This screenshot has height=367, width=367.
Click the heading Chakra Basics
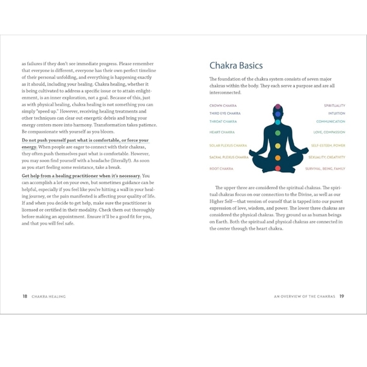pyautogui.click(x=236, y=65)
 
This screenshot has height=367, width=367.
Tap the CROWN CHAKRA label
pyautogui.click(x=223, y=106)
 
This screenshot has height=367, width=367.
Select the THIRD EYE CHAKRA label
pyautogui.click(x=225, y=113)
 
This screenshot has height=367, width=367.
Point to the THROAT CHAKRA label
pyautogui.click(x=223, y=121)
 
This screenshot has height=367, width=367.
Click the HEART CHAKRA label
pyautogui.click(x=222, y=132)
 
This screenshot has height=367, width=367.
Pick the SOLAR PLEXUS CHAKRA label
pyautogui.click(x=228, y=146)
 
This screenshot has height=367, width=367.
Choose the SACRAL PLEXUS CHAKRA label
pyautogui.click(x=229, y=157)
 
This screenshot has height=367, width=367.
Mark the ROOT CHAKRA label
pyautogui.click(x=221, y=169)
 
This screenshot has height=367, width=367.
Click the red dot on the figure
pyautogui.click(x=277, y=168)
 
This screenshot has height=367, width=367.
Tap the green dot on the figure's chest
pyautogui.click(x=277, y=134)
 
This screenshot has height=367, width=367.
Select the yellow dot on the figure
pyautogui.click(x=277, y=146)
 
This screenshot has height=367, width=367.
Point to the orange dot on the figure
pyautogui.click(x=277, y=158)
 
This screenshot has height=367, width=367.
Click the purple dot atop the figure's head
pyautogui.click(x=277, y=106)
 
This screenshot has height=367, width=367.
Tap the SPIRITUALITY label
pyautogui.click(x=334, y=106)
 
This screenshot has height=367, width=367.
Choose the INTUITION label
pyautogui.click(x=337, y=113)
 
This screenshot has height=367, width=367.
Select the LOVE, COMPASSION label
pyautogui.click(x=329, y=132)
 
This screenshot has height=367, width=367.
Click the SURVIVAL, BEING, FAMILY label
pyautogui.click(x=325, y=169)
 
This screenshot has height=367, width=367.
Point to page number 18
pyautogui.click(x=25, y=296)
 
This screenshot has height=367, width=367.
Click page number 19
pyautogui.click(x=342, y=296)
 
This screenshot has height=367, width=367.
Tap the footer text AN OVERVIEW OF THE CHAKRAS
pyautogui.click(x=304, y=296)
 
